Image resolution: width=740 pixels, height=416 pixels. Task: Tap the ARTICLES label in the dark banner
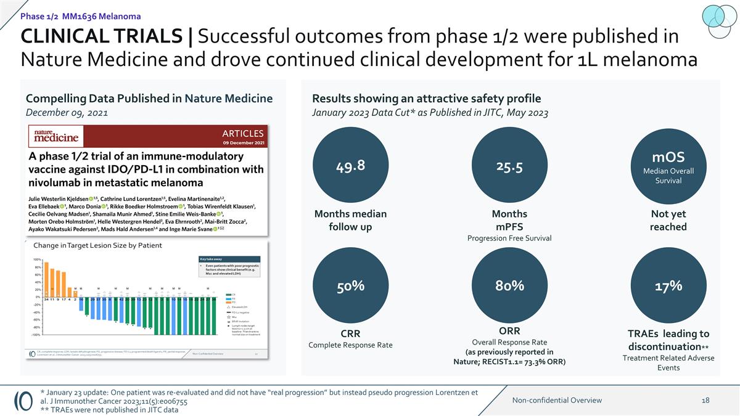(242, 133)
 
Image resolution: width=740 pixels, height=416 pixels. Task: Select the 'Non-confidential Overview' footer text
(557, 400)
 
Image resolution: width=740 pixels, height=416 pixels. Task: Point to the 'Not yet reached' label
(668, 220)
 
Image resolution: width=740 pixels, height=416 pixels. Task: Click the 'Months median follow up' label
(351, 220)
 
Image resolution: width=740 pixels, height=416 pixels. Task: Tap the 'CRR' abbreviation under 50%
(350, 333)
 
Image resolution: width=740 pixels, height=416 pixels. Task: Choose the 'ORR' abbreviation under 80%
(509, 331)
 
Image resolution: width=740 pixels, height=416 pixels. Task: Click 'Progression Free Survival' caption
(509, 239)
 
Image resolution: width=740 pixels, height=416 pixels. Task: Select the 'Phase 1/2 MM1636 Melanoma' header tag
(80, 16)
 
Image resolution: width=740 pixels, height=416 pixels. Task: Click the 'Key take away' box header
(210, 259)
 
